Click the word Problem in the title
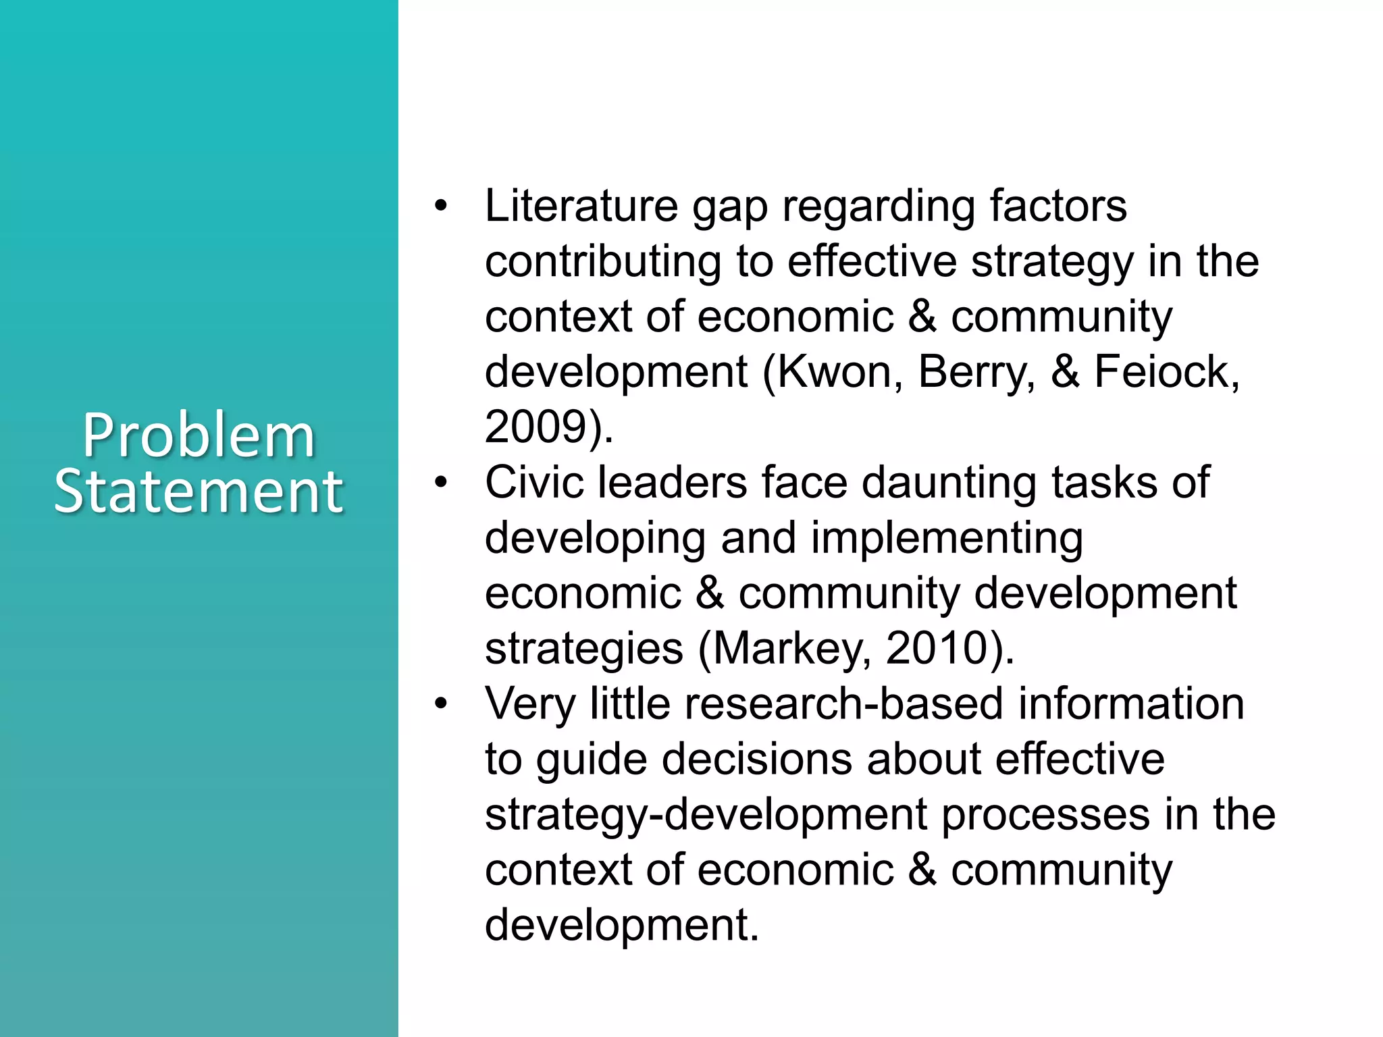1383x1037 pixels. pyautogui.click(x=199, y=437)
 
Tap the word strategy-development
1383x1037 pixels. pyautogui.click(x=706, y=814)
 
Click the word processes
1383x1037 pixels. pyautogui.click(x=1045, y=814)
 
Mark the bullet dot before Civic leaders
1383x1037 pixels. pyautogui.click(x=441, y=482)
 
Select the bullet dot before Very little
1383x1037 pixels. pyautogui.click(x=441, y=703)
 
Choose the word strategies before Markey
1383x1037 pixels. pyautogui.click(x=583, y=648)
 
